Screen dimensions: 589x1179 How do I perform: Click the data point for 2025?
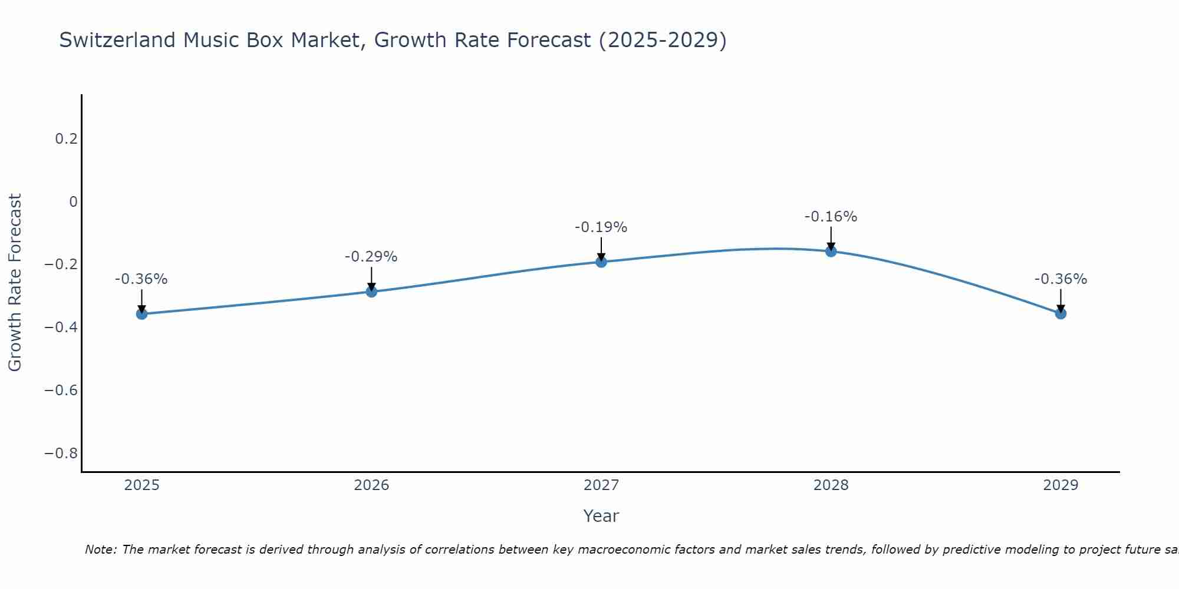[x=141, y=314]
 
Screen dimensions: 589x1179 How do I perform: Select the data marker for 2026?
[x=371, y=292]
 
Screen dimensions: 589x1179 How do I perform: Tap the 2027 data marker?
[x=601, y=262]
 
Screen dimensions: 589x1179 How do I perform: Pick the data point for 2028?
[x=831, y=252]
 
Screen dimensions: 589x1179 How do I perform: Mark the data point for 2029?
[x=1061, y=313]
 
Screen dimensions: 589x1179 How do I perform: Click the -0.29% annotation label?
[x=371, y=257]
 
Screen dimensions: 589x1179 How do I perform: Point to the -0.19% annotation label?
[x=601, y=227]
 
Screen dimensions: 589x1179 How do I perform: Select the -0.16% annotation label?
[x=831, y=217]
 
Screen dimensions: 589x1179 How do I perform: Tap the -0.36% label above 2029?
[x=1061, y=279]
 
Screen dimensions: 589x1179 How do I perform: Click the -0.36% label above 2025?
[x=141, y=279]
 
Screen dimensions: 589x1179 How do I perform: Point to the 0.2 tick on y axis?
[x=66, y=139]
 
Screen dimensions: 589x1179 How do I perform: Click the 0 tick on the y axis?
[x=73, y=202]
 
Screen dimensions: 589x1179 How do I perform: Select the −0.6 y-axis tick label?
[x=61, y=391]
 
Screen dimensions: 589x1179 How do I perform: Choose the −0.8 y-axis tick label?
[x=61, y=454]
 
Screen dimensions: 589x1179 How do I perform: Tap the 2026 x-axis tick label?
[x=371, y=485]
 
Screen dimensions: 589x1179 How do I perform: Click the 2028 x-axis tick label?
[x=831, y=485]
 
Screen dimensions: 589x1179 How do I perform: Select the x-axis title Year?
[x=601, y=517]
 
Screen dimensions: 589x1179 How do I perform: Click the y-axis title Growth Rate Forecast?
[x=15, y=283]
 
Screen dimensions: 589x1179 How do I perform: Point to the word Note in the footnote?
[x=100, y=550]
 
